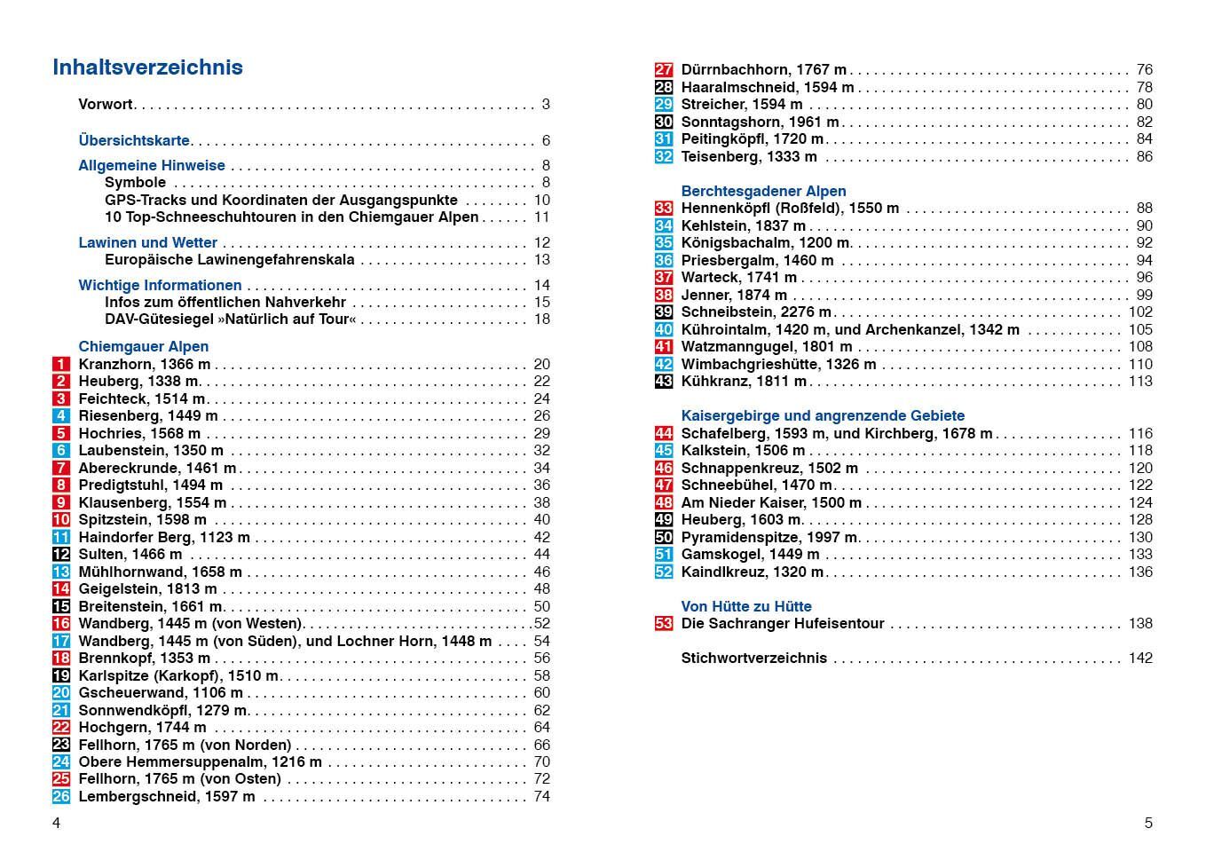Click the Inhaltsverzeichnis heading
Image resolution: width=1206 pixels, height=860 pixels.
(x=147, y=67)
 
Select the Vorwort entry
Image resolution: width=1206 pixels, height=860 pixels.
(x=105, y=104)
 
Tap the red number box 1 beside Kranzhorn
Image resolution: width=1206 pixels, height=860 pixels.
(x=60, y=364)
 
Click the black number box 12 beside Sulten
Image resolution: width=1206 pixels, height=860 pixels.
(x=60, y=555)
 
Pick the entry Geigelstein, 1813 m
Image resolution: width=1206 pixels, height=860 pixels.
(x=147, y=589)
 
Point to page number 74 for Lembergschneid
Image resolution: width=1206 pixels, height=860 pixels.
(x=541, y=797)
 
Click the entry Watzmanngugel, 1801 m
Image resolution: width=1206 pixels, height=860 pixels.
(x=766, y=347)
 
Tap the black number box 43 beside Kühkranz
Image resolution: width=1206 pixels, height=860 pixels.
(x=664, y=382)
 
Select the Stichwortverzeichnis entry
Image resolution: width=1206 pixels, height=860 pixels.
(x=753, y=659)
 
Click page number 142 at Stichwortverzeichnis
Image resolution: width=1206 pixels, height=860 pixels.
(x=1140, y=659)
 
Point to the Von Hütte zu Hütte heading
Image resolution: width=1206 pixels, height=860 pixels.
(x=746, y=606)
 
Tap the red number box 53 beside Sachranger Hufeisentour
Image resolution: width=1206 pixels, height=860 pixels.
(x=664, y=624)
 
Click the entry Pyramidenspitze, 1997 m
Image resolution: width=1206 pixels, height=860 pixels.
(x=769, y=538)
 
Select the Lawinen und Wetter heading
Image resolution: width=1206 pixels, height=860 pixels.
(x=147, y=242)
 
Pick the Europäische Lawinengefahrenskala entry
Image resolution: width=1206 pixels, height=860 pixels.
(x=229, y=260)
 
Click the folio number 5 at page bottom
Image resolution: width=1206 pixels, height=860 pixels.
(x=1148, y=823)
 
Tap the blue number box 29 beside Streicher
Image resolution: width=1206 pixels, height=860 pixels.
(x=664, y=105)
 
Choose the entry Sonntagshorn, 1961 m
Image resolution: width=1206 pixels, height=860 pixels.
(x=760, y=122)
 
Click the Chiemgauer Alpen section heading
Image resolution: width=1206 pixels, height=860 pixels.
(x=144, y=346)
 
